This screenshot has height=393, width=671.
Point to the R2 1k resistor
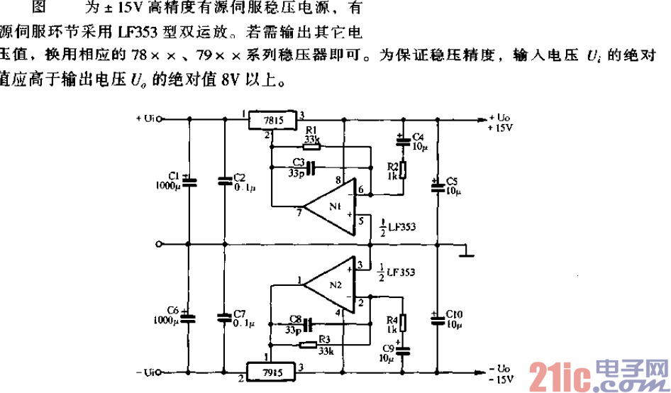tap(402, 170)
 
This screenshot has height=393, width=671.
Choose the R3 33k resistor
tap(308, 345)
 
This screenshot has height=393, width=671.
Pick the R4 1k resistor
tap(402, 323)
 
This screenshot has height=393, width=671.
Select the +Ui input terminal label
tap(145, 118)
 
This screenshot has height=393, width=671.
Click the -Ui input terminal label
tap(145, 372)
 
